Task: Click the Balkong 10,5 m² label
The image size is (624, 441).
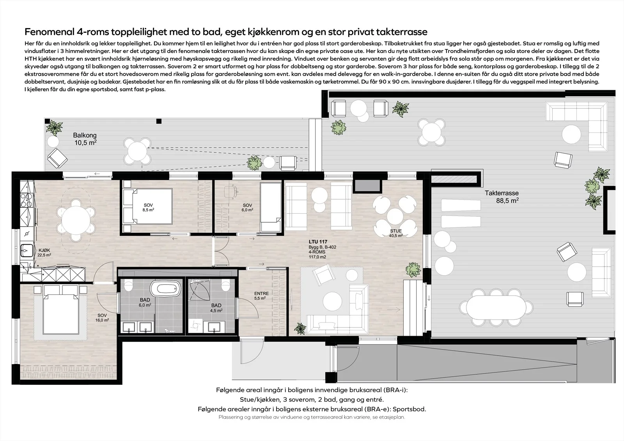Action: (x=85, y=139)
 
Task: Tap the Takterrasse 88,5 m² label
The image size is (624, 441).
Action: (x=502, y=197)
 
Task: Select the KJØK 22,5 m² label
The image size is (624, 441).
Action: (x=44, y=252)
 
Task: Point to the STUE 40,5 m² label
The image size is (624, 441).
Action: (x=396, y=233)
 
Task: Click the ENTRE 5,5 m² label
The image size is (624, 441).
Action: (x=261, y=296)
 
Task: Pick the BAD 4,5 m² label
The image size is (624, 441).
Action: (x=216, y=308)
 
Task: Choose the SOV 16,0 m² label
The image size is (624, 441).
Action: (x=102, y=318)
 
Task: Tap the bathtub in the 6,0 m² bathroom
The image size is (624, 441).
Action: (x=165, y=289)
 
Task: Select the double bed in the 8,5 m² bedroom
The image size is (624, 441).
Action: (x=148, y=206)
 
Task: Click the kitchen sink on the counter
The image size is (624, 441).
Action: (x=27, y=250)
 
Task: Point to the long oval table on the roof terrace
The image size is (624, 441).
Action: (x=496, y=307)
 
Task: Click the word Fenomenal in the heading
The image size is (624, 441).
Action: (x=49, y=32)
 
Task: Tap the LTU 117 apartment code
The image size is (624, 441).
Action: (x=318, y=242)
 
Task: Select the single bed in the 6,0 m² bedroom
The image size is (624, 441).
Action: (x=270, y=207)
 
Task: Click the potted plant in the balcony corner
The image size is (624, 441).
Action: (x=54, y=128)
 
